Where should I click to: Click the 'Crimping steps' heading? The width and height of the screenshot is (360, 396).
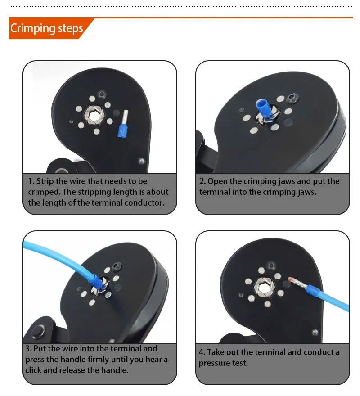coord(46,28)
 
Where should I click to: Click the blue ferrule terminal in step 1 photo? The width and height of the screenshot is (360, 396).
coord(123,123)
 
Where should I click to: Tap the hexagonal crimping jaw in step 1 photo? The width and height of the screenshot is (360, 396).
coord(94,115)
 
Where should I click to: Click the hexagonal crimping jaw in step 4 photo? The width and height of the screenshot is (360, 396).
coord(264,288)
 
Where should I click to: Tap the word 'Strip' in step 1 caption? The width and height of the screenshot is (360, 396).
coord(45,181)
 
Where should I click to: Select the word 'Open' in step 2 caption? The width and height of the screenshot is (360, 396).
coord(217,181)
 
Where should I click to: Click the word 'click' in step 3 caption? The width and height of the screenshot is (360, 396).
coord(33,370)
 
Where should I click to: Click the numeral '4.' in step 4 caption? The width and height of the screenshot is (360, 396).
coord(202,352)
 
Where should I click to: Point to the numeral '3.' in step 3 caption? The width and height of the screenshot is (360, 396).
coord(28,348)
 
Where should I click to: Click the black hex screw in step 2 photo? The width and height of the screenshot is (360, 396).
coord(293,98)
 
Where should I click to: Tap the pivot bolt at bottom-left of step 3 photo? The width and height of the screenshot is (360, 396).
coord(38,331)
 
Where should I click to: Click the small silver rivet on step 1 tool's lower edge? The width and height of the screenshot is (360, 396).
coord(142,161)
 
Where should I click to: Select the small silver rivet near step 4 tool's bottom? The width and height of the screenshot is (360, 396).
coord(315,332)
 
